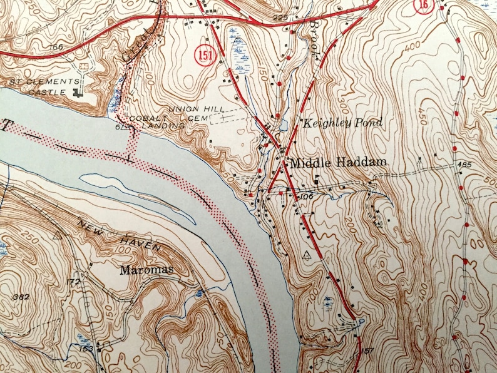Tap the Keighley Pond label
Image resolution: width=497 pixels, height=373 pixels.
tap(342, 123)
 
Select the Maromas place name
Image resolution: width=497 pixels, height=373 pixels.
tap(146, 270)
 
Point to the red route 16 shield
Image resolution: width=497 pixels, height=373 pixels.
tap(424, 6)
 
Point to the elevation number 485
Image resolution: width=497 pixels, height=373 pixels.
tap(464, 164)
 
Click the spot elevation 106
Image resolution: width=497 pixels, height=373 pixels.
tap(305, 197)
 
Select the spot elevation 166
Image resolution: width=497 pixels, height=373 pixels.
tap(58, 46)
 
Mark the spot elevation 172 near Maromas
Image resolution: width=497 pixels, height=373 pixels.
tap(74, 282)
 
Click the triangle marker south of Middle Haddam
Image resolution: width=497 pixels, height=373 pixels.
tap(306, 255)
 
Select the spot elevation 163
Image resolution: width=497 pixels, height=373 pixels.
tap(86, 348)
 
